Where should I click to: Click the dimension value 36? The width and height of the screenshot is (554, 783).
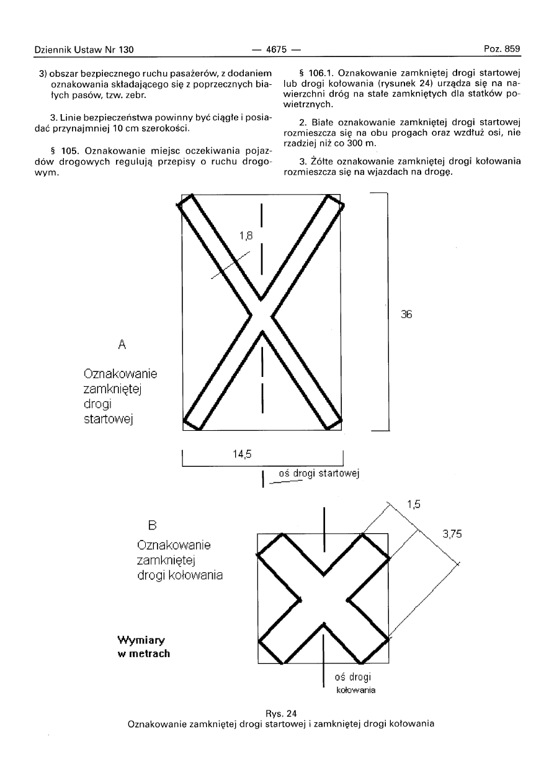coord(407,314)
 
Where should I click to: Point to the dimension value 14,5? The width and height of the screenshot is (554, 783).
coord(241,454)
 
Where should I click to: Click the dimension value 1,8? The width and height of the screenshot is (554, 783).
coord(246,235)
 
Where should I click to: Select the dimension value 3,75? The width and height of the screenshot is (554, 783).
coord(452,534)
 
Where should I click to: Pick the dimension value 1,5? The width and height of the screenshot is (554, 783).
coord(414,504)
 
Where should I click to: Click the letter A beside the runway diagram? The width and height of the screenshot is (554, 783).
coord(122,342)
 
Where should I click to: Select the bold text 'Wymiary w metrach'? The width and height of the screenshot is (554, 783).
coord(143,646)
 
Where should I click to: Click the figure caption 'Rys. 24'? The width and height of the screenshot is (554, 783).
coord(277,713)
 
